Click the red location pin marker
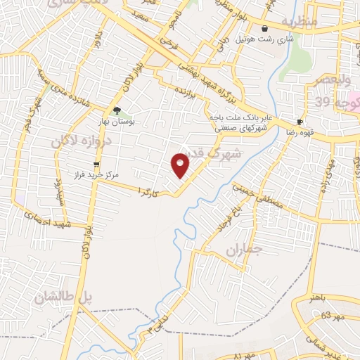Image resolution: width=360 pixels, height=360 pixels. [x=181, y=165]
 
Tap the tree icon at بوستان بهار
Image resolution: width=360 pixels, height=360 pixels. [x=117, y=110]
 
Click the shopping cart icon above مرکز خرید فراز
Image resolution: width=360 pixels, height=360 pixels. [x=96, y=164]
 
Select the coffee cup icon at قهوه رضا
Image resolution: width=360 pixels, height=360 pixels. [x=300, y=121]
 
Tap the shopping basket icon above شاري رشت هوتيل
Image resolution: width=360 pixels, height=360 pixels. [x=264, y=29]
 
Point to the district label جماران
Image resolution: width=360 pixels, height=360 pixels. [x=244, y=250]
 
